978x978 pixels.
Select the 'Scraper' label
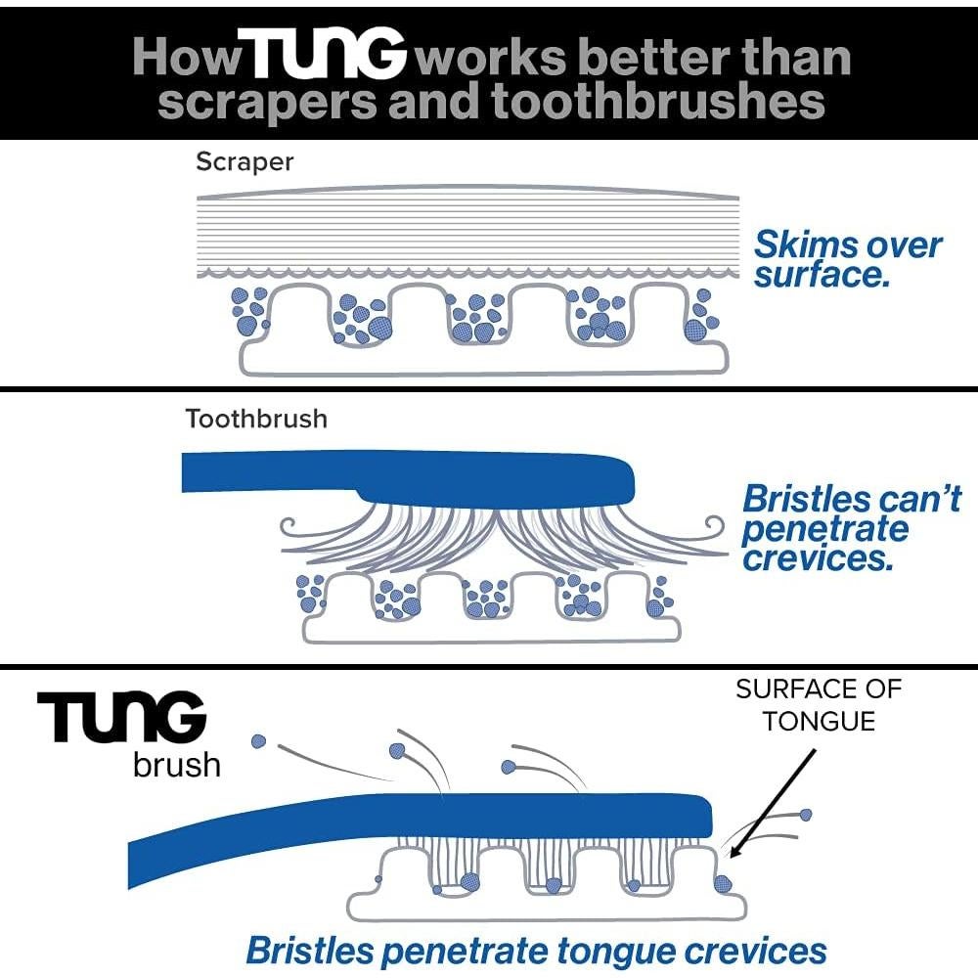[x=244, y=161]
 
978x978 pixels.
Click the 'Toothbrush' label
[x=256, y=420]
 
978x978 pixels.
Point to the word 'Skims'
[x=805, y=244]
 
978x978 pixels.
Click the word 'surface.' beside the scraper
[x=822, y=275]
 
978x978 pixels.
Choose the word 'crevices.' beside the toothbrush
[x=818, y=558]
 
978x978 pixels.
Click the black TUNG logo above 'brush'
[x=122, y=720]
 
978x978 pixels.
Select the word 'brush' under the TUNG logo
[x=177, y=763]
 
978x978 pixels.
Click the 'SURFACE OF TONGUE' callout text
[x=819, y=704]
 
